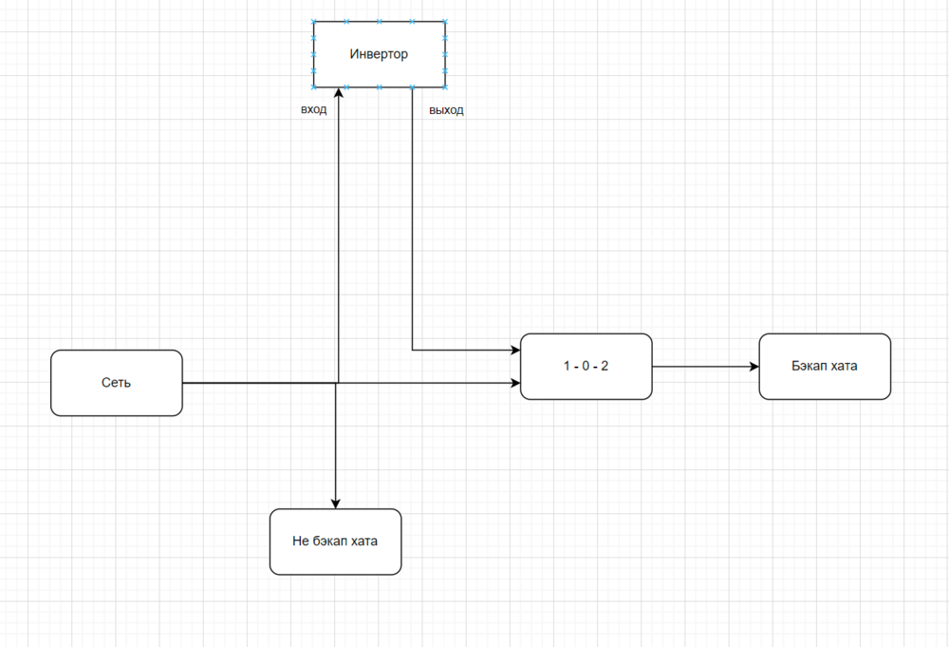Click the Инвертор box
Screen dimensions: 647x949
379,54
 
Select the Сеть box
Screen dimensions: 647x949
116,383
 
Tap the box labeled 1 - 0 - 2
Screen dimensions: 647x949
586,366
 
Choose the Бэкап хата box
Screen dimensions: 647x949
824,366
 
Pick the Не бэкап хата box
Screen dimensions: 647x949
335,542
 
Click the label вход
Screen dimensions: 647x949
314,110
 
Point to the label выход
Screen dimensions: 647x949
446,110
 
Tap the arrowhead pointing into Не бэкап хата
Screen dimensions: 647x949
335,503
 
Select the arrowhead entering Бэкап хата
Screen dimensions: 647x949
754,367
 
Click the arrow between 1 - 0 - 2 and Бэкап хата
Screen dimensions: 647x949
702,367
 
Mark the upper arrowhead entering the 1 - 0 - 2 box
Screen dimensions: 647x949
515,351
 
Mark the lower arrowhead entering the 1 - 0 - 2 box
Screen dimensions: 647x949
515,383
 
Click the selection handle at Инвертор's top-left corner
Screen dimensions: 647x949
314,22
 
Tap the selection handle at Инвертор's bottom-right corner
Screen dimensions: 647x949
444,87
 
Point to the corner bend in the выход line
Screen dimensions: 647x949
413,351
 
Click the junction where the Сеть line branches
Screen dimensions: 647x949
337,383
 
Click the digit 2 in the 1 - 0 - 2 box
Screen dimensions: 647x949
605,366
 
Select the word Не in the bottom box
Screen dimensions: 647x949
301,542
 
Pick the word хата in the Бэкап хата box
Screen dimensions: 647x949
843,366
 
